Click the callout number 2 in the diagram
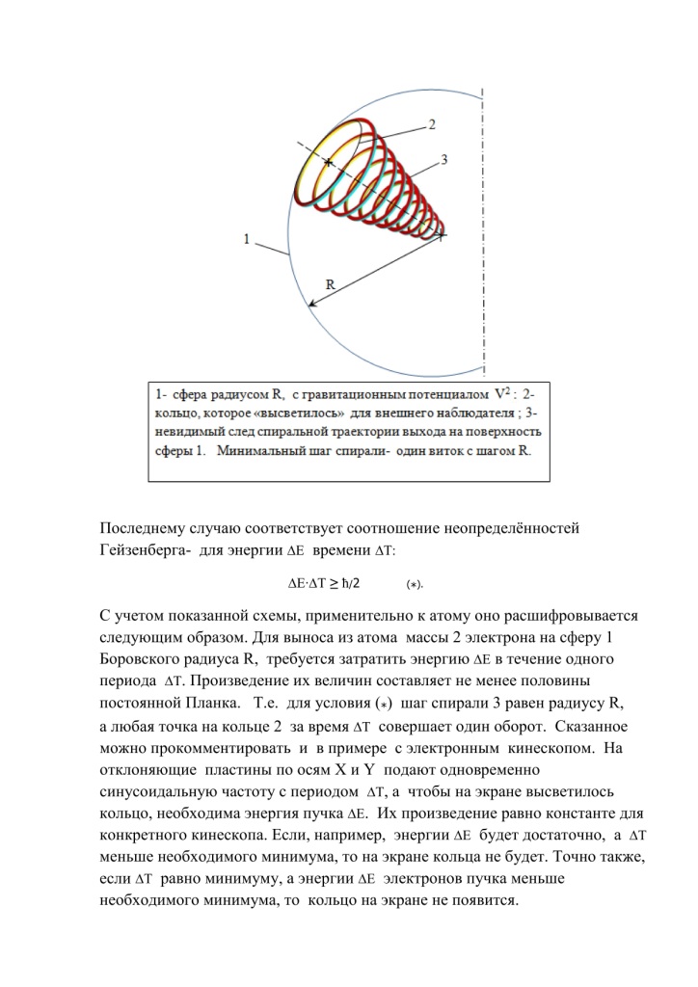432,124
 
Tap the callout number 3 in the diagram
444,160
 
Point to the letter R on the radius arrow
330,285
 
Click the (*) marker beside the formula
415,584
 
